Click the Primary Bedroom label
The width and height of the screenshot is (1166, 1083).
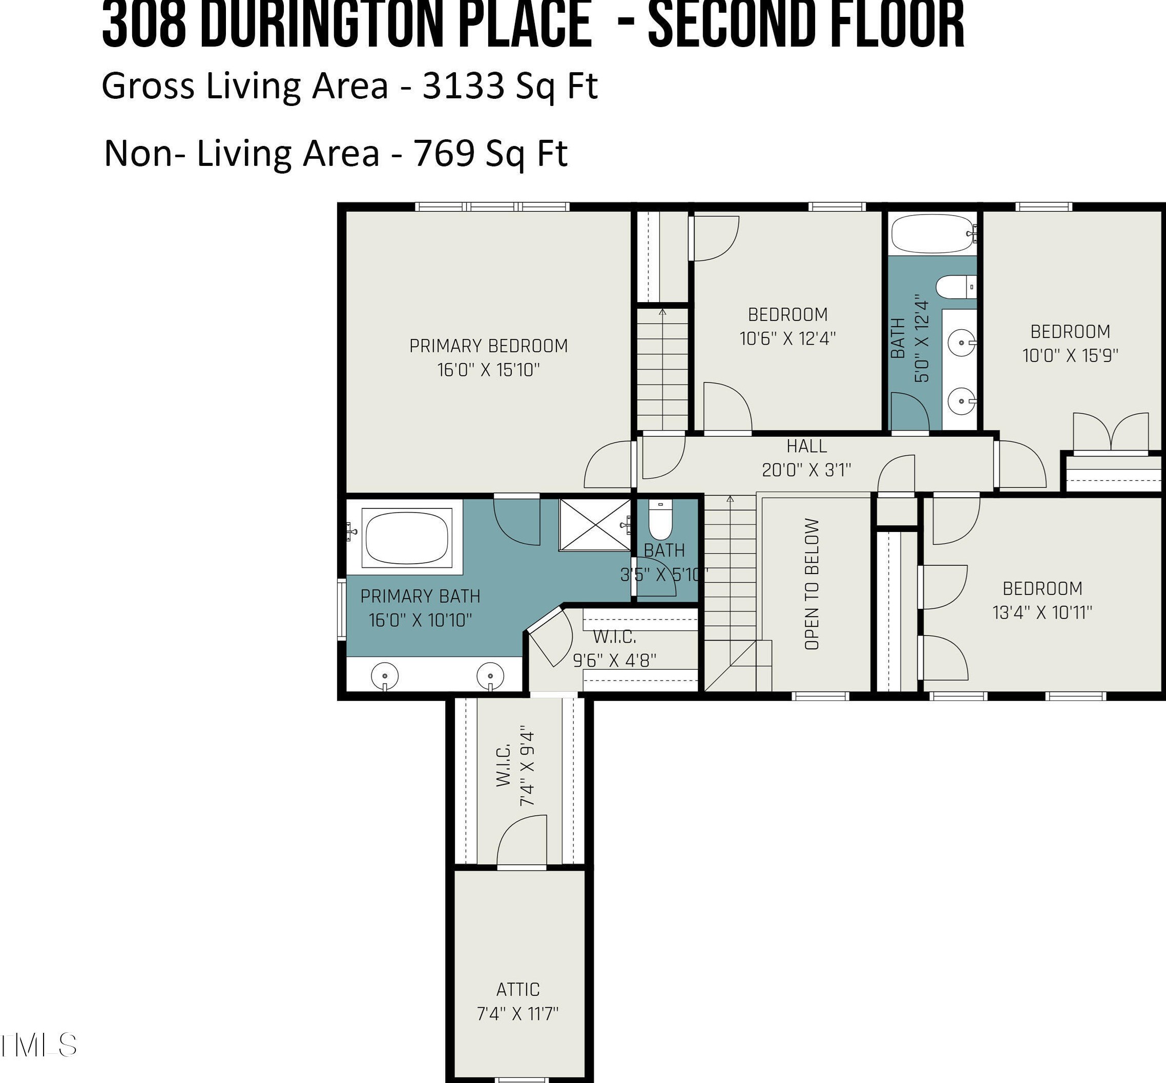[488, 346]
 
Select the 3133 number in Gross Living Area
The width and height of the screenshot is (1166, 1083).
[463, 86]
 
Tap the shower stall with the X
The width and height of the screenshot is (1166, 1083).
[594, 524]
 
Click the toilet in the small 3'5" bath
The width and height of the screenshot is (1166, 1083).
[660, 520]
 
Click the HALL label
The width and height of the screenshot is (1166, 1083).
[807, 446]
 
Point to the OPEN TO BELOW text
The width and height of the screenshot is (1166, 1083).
[812, 584]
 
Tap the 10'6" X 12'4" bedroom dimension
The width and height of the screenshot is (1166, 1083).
[788, 339]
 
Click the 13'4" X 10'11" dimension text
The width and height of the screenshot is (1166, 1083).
[1043, 612]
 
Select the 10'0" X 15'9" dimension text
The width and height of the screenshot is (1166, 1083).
[1070, 356]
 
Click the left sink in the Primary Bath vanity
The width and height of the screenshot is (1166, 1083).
[385, 676]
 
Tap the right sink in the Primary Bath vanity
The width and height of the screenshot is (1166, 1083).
[491, 676]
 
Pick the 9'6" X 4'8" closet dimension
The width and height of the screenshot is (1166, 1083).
[614, 660]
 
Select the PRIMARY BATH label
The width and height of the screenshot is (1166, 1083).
[420, 596]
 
